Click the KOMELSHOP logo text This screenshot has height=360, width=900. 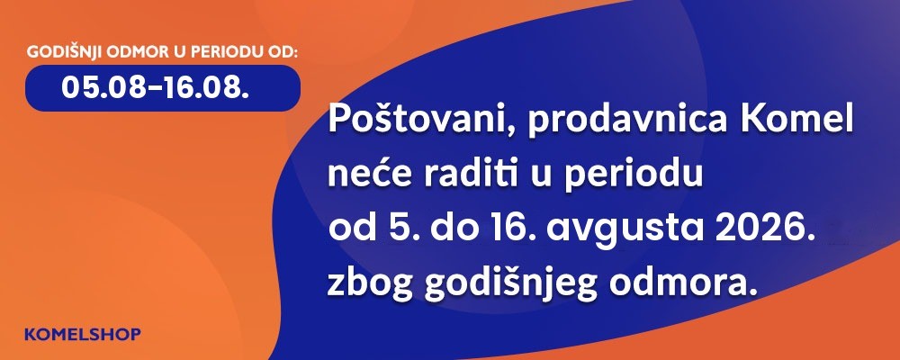pyautogui.click(x=83, y=334)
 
